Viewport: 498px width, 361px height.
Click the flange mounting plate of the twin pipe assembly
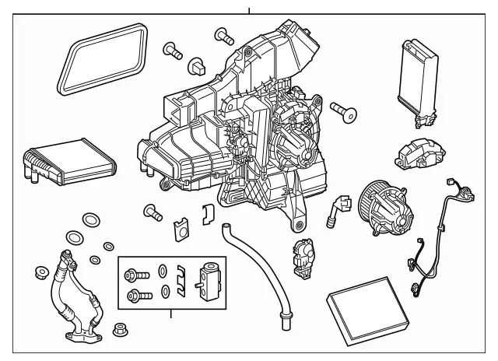[82, 338]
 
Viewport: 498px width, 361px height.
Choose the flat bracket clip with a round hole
[179, 228]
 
